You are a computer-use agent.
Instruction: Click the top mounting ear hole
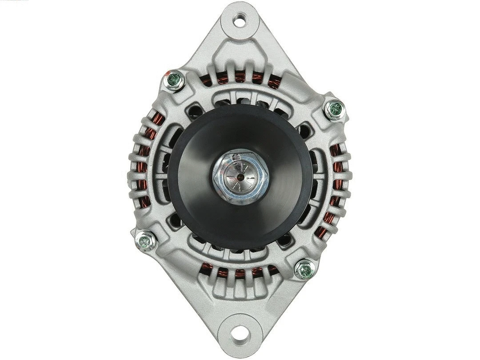click(x=240, y=19)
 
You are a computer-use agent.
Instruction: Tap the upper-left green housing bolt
click(x=174, y=80)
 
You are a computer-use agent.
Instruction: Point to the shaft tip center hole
click(x=240, y=176)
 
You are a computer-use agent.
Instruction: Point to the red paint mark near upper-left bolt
click(x=166, y=72)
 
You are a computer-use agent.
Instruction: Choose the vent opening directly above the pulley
click(x=240, y=101)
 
